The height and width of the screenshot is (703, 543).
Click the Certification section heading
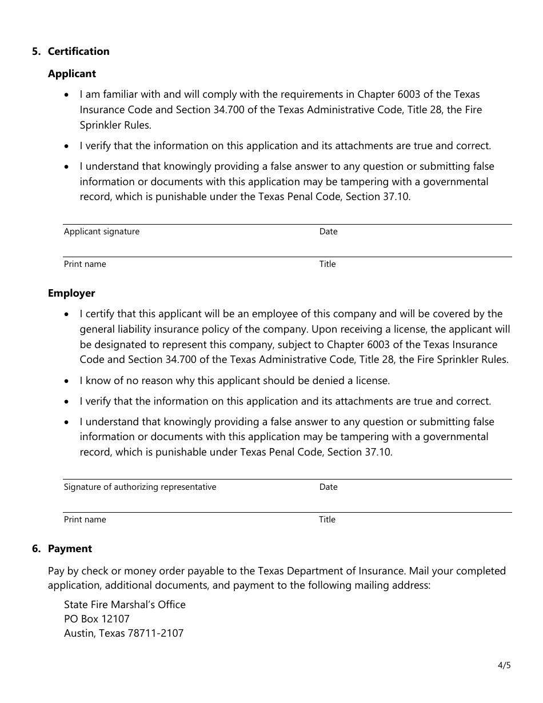pyautogui.click(x=78, y=51)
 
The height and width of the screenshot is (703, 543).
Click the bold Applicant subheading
pyautogui.click(x=72, y=74)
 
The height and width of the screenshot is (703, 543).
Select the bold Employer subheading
pyautogui.click(x=71, y=293)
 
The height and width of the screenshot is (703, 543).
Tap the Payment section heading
pyautogui.click(x=70, y=549)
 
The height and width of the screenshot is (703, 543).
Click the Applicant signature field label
pyautogui.click(x=102, y=231)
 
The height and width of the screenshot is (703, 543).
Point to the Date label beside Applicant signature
pyautogui.click(x=328, y=231)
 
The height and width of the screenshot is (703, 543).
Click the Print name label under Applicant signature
pyautogui.click(x=85, y=264)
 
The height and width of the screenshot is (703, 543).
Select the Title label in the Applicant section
pyautogui.click(x=328, y=264)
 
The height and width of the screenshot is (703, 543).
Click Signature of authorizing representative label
pyautogui.click(x=140, y=487)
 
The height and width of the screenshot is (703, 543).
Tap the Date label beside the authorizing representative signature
pyautogui.click(x=328, y=487)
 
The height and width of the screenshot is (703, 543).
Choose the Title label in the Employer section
pyautogui.click(x=327, y=520)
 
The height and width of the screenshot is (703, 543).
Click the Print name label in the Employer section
pyautogui.click(x=85, y=520)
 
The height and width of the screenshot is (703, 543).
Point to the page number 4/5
pyautogui.click(x=504, y=665)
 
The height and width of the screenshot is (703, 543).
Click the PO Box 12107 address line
pyautogui.click(x=97, y=619)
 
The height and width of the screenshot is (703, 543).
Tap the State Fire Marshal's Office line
pyautogui.click(x=125, y=605)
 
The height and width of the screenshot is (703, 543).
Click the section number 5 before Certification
pyautogui.click(x=36, y=51)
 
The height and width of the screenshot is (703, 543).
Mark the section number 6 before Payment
pyautogui.click(x=36, y=549)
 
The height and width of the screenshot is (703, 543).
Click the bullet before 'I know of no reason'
pyautogui.click(x=68, y=381)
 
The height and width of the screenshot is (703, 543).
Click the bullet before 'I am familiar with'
pyautogui.click(x=68, y=94)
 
